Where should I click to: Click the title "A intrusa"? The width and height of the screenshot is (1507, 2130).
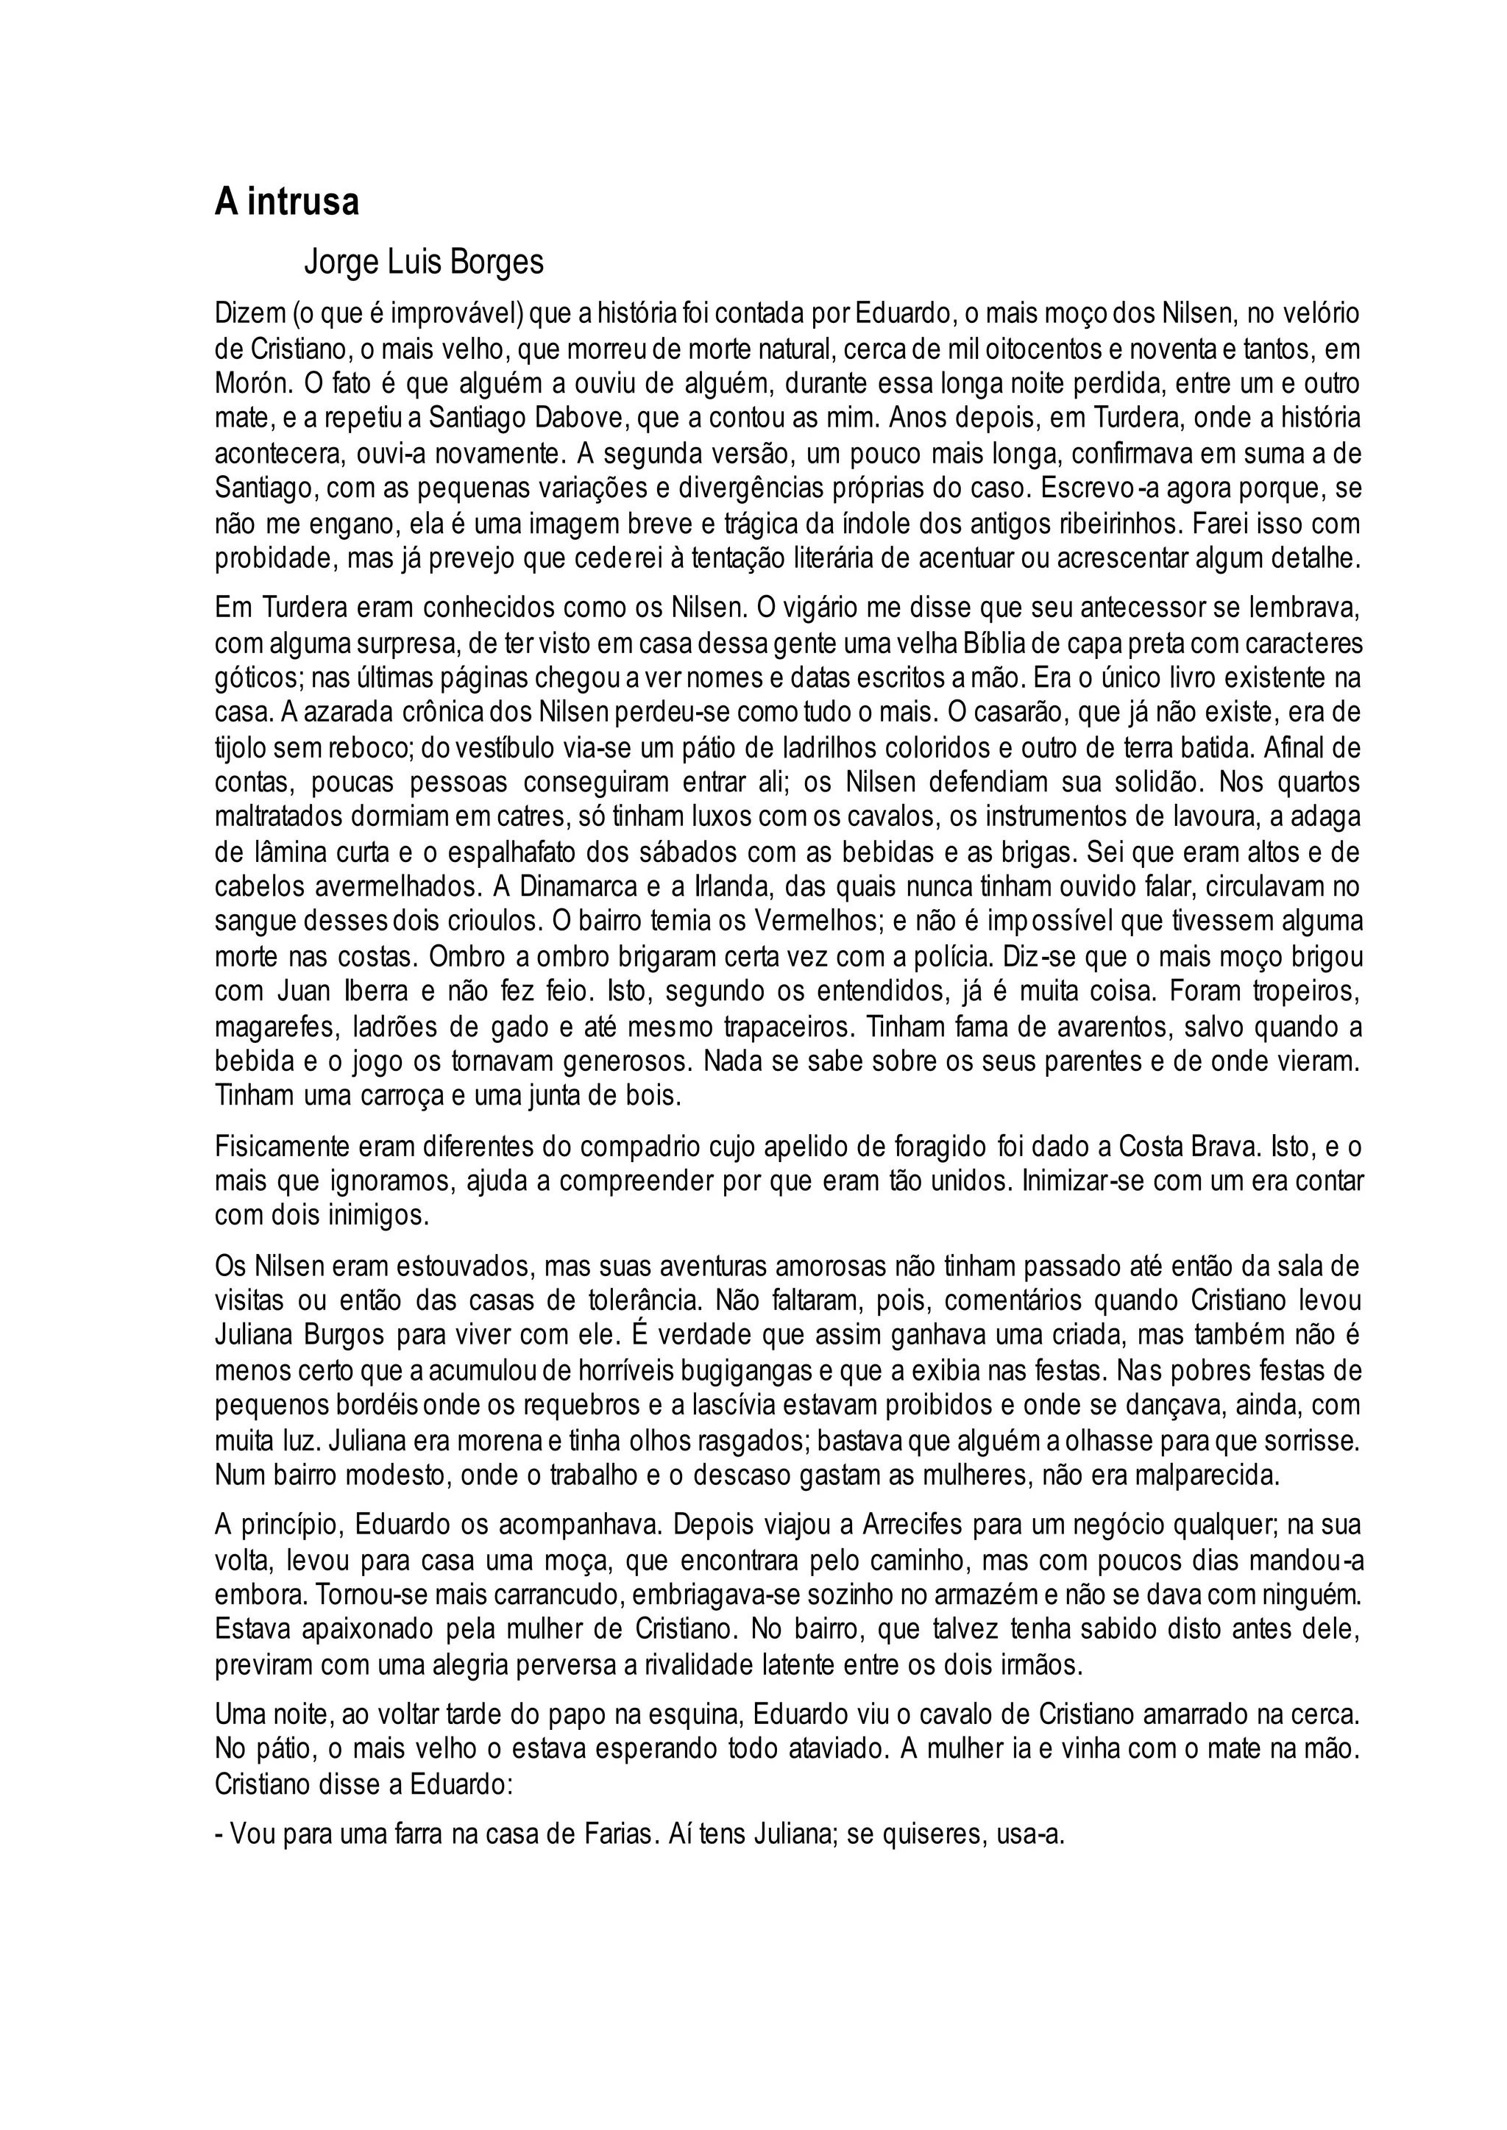pyautogui.click(x=287, y=202)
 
